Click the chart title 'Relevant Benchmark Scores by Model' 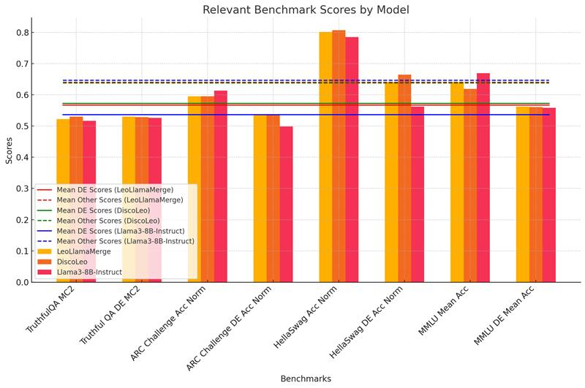click(306, 10)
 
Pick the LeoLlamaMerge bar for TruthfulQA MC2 click(63, 200)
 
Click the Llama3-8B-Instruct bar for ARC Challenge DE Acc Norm click(286, 204)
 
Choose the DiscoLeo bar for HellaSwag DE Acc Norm click(404, 178)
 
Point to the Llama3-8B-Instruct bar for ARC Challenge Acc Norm click(221, 186)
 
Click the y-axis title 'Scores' click(9, 150)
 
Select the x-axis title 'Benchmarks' click(306, 379)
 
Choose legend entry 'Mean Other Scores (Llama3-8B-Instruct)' click(125, 241)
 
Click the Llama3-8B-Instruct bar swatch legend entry click(89, 272)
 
